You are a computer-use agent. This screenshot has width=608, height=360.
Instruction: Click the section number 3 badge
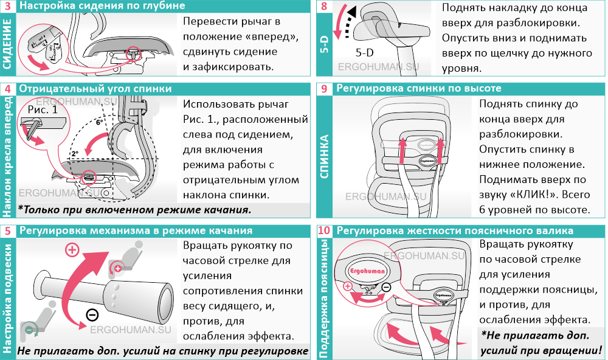[8, 7]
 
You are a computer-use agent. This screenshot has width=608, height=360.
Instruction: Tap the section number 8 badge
[323, 7]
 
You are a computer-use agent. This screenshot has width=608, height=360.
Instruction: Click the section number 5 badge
[8, 231]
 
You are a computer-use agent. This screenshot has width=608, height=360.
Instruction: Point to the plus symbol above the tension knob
[72, 249]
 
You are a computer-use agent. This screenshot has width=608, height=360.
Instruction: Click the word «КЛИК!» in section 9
[539, 195]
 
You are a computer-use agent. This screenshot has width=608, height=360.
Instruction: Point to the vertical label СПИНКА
[324, 155]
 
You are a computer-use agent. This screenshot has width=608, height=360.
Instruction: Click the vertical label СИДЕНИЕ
[8, 44]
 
